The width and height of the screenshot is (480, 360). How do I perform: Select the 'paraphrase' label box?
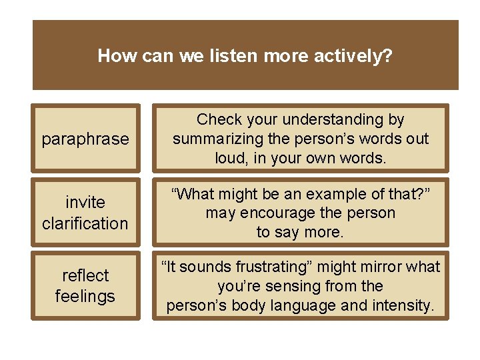(85, 139)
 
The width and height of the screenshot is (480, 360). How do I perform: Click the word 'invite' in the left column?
(85, 202)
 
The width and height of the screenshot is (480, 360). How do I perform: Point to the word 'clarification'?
(85, 223)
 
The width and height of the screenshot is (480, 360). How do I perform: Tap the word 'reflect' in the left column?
(85, 275)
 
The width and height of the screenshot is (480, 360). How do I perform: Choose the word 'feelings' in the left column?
(85, 296)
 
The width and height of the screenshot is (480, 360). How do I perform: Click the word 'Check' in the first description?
(220, 119)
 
